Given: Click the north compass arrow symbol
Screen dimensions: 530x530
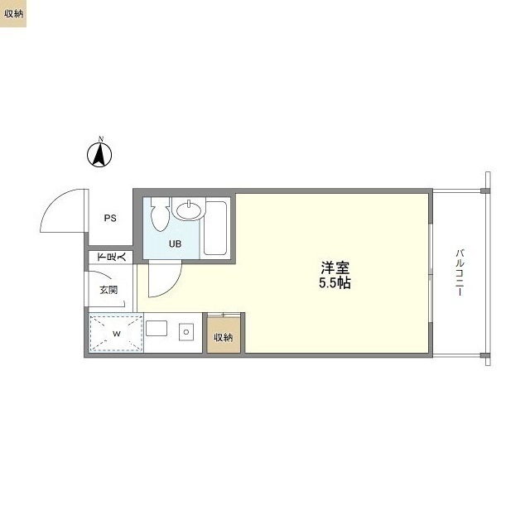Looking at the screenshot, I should (x=101, y=155).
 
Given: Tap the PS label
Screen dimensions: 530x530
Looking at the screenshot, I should (x=110, y=219).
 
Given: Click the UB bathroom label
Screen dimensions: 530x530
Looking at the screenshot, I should (x=175, y=243).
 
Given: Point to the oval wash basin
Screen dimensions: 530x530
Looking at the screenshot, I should (x=190, y=211).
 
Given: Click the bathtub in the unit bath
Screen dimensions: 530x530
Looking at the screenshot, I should (x=217, y=228).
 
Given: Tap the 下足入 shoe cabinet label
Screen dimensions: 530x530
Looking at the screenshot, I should (x=111, y=258).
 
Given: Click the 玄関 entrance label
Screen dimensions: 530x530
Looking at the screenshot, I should (x=108, y=290).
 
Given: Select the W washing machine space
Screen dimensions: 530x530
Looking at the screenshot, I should (x=116, y=334).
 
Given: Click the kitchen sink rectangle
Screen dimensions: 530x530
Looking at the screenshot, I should (x=159, y=332).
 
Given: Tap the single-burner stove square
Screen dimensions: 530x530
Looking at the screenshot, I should (x=186, y=332).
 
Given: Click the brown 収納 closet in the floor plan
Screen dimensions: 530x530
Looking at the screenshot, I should (x=223, y=337).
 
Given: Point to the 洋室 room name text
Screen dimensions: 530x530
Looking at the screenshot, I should (x=335, y=268).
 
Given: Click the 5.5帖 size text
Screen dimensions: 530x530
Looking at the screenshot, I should (x=335, y=283).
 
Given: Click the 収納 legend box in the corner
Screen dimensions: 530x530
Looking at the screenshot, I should (x=13, y=13).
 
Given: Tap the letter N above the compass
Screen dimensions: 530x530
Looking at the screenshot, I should (x=101, y=138).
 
